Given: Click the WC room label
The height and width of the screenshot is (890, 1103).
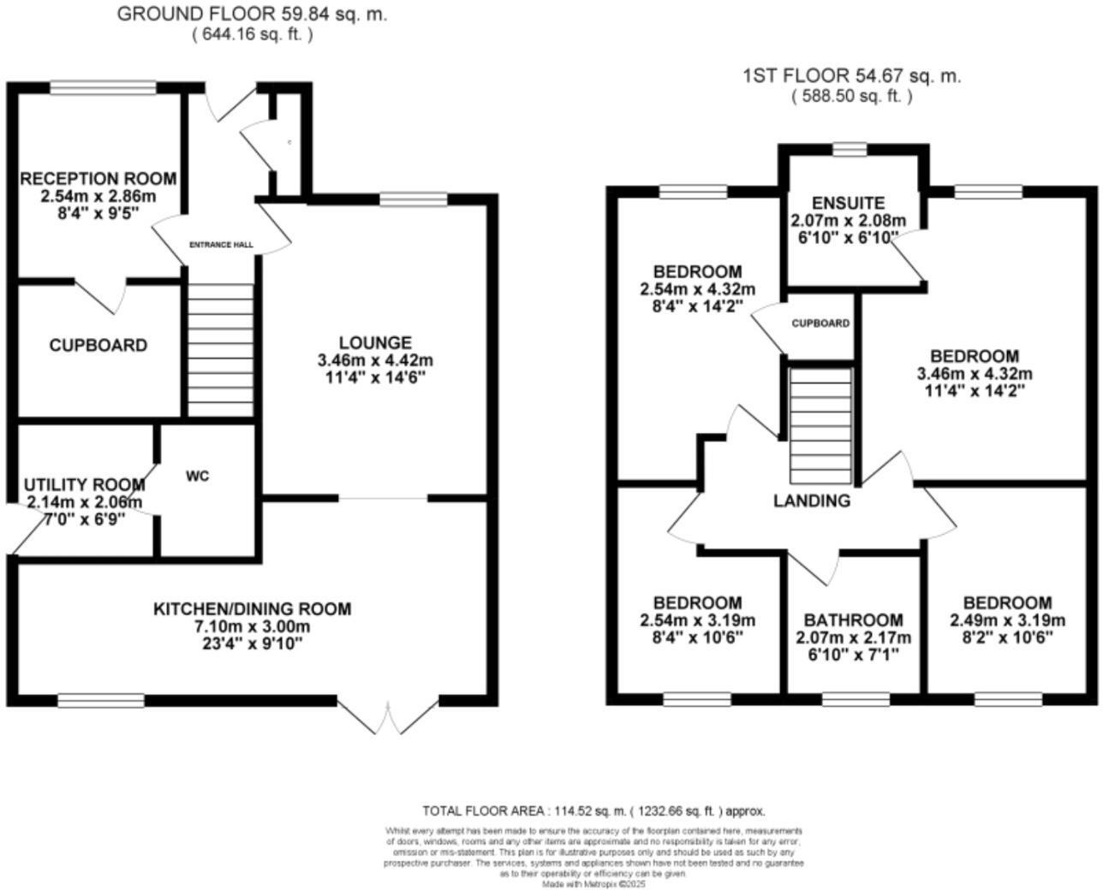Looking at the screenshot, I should point(197,476).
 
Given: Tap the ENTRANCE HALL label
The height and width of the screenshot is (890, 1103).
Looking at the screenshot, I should point(221,245).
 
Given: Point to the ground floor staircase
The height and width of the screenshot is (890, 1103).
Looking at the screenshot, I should point(220,350).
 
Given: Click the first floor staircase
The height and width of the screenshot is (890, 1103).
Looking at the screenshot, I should point(820,425).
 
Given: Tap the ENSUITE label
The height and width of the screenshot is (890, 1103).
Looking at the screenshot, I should point(848,203).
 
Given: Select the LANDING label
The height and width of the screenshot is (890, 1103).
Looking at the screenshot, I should point(812,501).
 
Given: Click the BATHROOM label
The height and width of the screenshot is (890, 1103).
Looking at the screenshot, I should point(853,620).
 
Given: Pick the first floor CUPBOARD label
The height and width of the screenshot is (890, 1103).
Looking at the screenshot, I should point(820,323).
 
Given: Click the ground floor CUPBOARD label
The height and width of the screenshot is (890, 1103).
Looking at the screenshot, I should point(98,345).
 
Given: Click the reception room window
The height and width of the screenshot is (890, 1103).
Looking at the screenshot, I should point(103,87).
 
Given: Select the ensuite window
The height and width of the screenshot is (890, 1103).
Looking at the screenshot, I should point(850,150).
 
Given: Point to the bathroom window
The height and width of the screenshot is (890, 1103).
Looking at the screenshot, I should point(855,699).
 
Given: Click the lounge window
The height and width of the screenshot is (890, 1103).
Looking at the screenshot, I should point(414,199).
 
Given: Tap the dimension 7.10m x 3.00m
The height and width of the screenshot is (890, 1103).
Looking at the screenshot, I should point(252,626).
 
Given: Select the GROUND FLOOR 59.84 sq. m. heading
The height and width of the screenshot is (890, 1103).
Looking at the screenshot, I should point(252,15).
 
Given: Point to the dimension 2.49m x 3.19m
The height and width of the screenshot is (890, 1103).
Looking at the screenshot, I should point(1007,620).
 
